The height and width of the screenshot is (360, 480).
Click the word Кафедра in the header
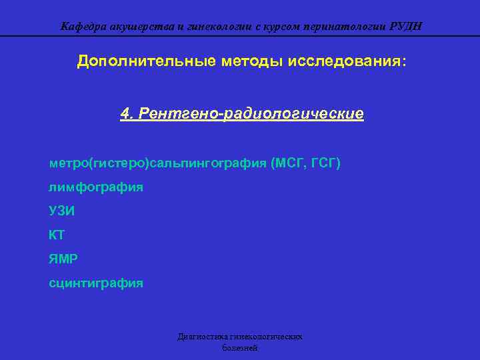[79, 27]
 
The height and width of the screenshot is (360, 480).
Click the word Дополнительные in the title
[145, 61]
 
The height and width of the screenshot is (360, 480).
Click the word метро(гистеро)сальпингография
[158, 163]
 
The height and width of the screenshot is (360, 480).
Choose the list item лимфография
[95, 187]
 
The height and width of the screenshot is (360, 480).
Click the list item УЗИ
[61, 211]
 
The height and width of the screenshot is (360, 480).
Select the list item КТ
[57, 235]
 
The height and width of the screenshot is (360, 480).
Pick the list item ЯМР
[63, 259]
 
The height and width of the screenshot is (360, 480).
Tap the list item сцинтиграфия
[95, 283]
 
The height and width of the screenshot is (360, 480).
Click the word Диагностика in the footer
[199, 337]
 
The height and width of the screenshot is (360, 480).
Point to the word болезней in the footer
[239, 348]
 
